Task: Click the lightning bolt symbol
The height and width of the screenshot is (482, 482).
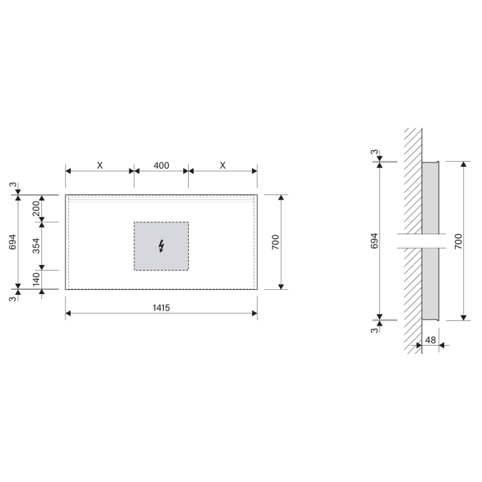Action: pyautogui.click(x=161, y=246)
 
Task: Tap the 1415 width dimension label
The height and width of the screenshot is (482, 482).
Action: pyautogui.click(x=161, y=308)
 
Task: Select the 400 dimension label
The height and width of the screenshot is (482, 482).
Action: pyautogui.click(x=161, y=165)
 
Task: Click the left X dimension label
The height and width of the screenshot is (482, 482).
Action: pyautogui.click(x=99, y=165)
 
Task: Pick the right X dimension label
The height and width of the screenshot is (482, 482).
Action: pyautogui.click(x=222, y=165)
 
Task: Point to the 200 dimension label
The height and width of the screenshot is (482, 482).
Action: pyautogui.click(x=35, y=208)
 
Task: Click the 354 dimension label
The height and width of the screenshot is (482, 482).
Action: pyautogui.click(x=35, y=246)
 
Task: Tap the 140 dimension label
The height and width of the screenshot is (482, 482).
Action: pyautogui.click(x=35, y=279)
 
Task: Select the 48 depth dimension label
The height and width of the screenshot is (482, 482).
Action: pyautogui.click(x=430, y=339)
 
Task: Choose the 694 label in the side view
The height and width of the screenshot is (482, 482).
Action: pyautogui.click(x=374, y=241)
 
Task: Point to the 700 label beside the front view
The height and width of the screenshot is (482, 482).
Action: pyautogui.click(x=274, y=242)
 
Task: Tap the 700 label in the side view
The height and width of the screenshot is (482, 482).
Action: pyautogui.click(x=458, y=241)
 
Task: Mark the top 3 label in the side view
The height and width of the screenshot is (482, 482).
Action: pyautogui.click(x=374, y=152)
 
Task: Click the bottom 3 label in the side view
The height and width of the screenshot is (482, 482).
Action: pyautogui.click(x=374, y=331)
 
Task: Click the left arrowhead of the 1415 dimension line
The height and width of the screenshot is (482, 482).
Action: pyautogui.click(x=69, y=315)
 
